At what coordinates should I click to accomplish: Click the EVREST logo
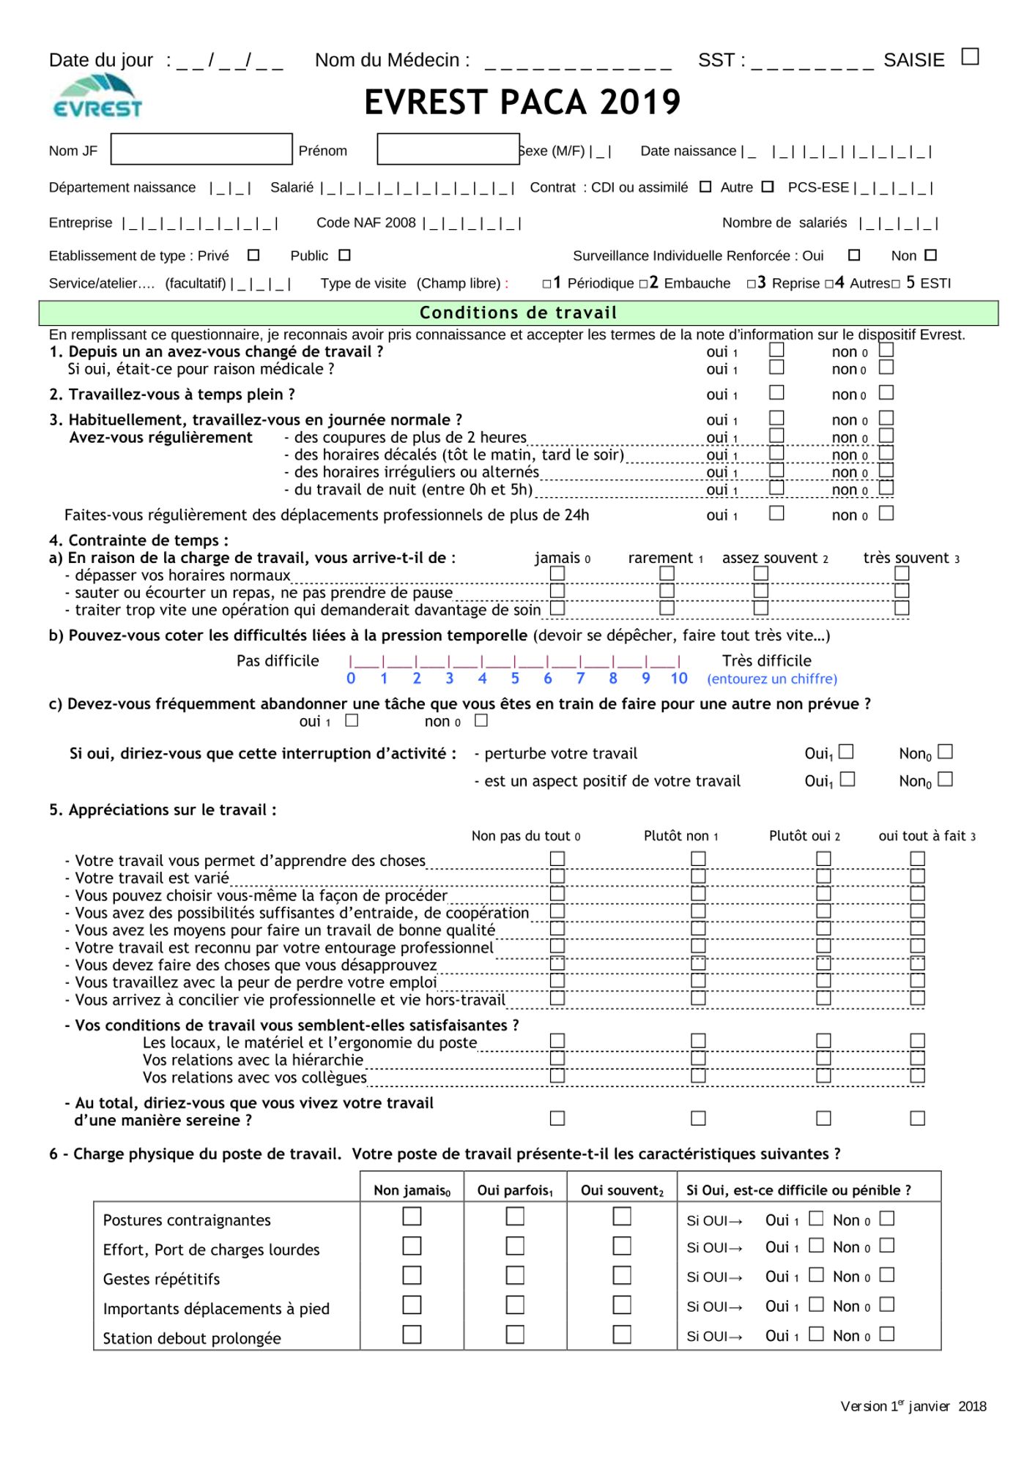click(x=97, y=98)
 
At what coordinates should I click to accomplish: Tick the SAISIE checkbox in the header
click(x=970, y=56)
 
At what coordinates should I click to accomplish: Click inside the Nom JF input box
click(x=201, y=149)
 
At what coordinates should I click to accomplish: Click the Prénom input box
click(x=448, y=149)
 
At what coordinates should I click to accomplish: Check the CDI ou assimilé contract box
click(x=705, y=187)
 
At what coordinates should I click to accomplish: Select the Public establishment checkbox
click(x=345, y=255)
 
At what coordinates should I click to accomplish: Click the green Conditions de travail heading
click(x=518, y=313)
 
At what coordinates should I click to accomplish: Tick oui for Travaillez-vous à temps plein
click(x=776, y=392)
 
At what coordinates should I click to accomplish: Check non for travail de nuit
click(x=886, y=488)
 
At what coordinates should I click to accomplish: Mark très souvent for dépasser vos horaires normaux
click(x=902, y=573)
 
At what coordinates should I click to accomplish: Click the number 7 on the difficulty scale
click(x=580, y=679)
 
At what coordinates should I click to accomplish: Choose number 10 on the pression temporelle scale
click(x=679, y=679)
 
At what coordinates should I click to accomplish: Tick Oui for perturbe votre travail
click(x=846, y=752)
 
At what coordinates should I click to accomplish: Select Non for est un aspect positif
click(x=946, y=779)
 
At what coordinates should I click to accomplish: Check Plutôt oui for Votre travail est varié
click(x=823, y=876)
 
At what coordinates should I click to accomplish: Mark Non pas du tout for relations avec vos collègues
click(x=557, y=1075)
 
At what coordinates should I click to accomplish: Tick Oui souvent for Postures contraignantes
click(x=622, y=1217)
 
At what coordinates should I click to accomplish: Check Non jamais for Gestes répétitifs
click(x=412, y=1276)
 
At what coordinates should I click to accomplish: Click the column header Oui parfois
click(x=515, y=1191)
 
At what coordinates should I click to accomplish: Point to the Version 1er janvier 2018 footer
click(x=913, y=1406)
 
